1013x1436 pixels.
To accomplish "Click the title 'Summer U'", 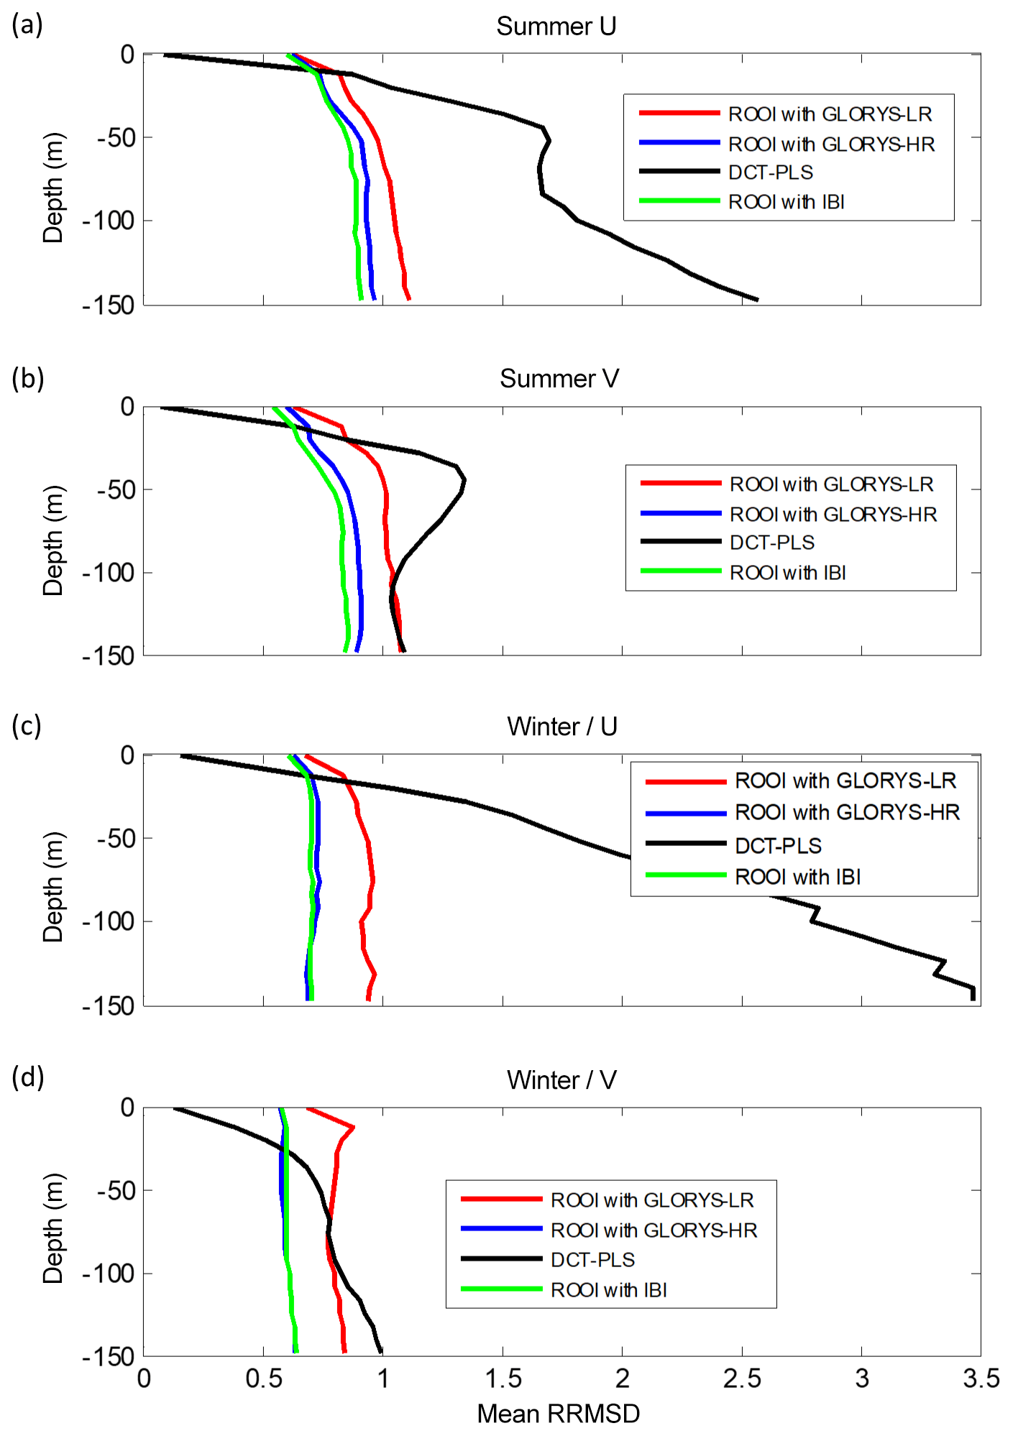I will tap(556, 27).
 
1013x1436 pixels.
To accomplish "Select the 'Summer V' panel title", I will tap(559, 379).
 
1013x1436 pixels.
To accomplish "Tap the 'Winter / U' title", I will tap(561, 727).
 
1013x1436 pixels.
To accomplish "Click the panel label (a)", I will tap(27, 25).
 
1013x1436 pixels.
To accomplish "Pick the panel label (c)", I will tap(27, 726).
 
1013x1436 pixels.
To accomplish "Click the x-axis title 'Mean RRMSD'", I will tap(558, 1413).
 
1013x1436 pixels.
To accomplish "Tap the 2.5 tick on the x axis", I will tap(741, 1379).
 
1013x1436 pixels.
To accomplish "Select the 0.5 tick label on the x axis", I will tap(263, 1379).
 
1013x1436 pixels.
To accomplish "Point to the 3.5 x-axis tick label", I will tap(981, 1379).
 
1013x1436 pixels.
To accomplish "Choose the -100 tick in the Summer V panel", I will tap(109, 573).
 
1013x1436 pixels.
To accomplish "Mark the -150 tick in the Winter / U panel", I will tap(109, 1006).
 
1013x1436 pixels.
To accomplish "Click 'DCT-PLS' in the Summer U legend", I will tap(771, 172).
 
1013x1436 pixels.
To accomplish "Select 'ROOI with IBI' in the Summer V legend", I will tap(787, 573).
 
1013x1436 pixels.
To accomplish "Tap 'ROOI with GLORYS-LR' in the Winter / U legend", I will tap(845, 781).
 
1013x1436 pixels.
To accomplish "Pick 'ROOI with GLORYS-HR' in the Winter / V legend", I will tap(654, 1230).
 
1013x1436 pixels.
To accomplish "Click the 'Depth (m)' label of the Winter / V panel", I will tap(53, 1228).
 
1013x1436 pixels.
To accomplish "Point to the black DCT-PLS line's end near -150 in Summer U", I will tap(757, 300).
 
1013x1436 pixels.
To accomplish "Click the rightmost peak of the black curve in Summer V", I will tap(464, 479).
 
